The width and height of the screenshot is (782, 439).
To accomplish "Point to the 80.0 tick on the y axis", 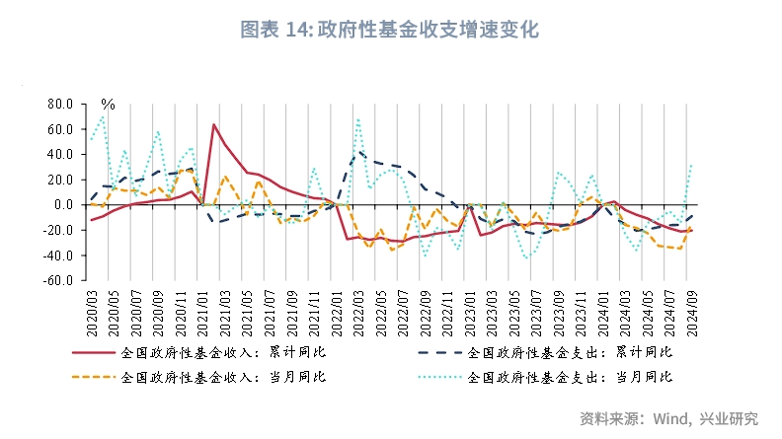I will (59, 104).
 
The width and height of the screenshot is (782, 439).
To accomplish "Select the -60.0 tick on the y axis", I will (57, 280).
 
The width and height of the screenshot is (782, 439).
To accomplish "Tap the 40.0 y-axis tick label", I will (59, 154).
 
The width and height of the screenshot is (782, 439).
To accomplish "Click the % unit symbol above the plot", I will (108, 104).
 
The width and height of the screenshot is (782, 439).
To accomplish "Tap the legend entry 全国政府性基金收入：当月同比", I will (222, 377).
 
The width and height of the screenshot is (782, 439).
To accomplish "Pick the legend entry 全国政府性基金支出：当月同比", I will (569, 377).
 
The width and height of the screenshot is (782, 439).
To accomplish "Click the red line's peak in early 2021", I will (214, 124).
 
